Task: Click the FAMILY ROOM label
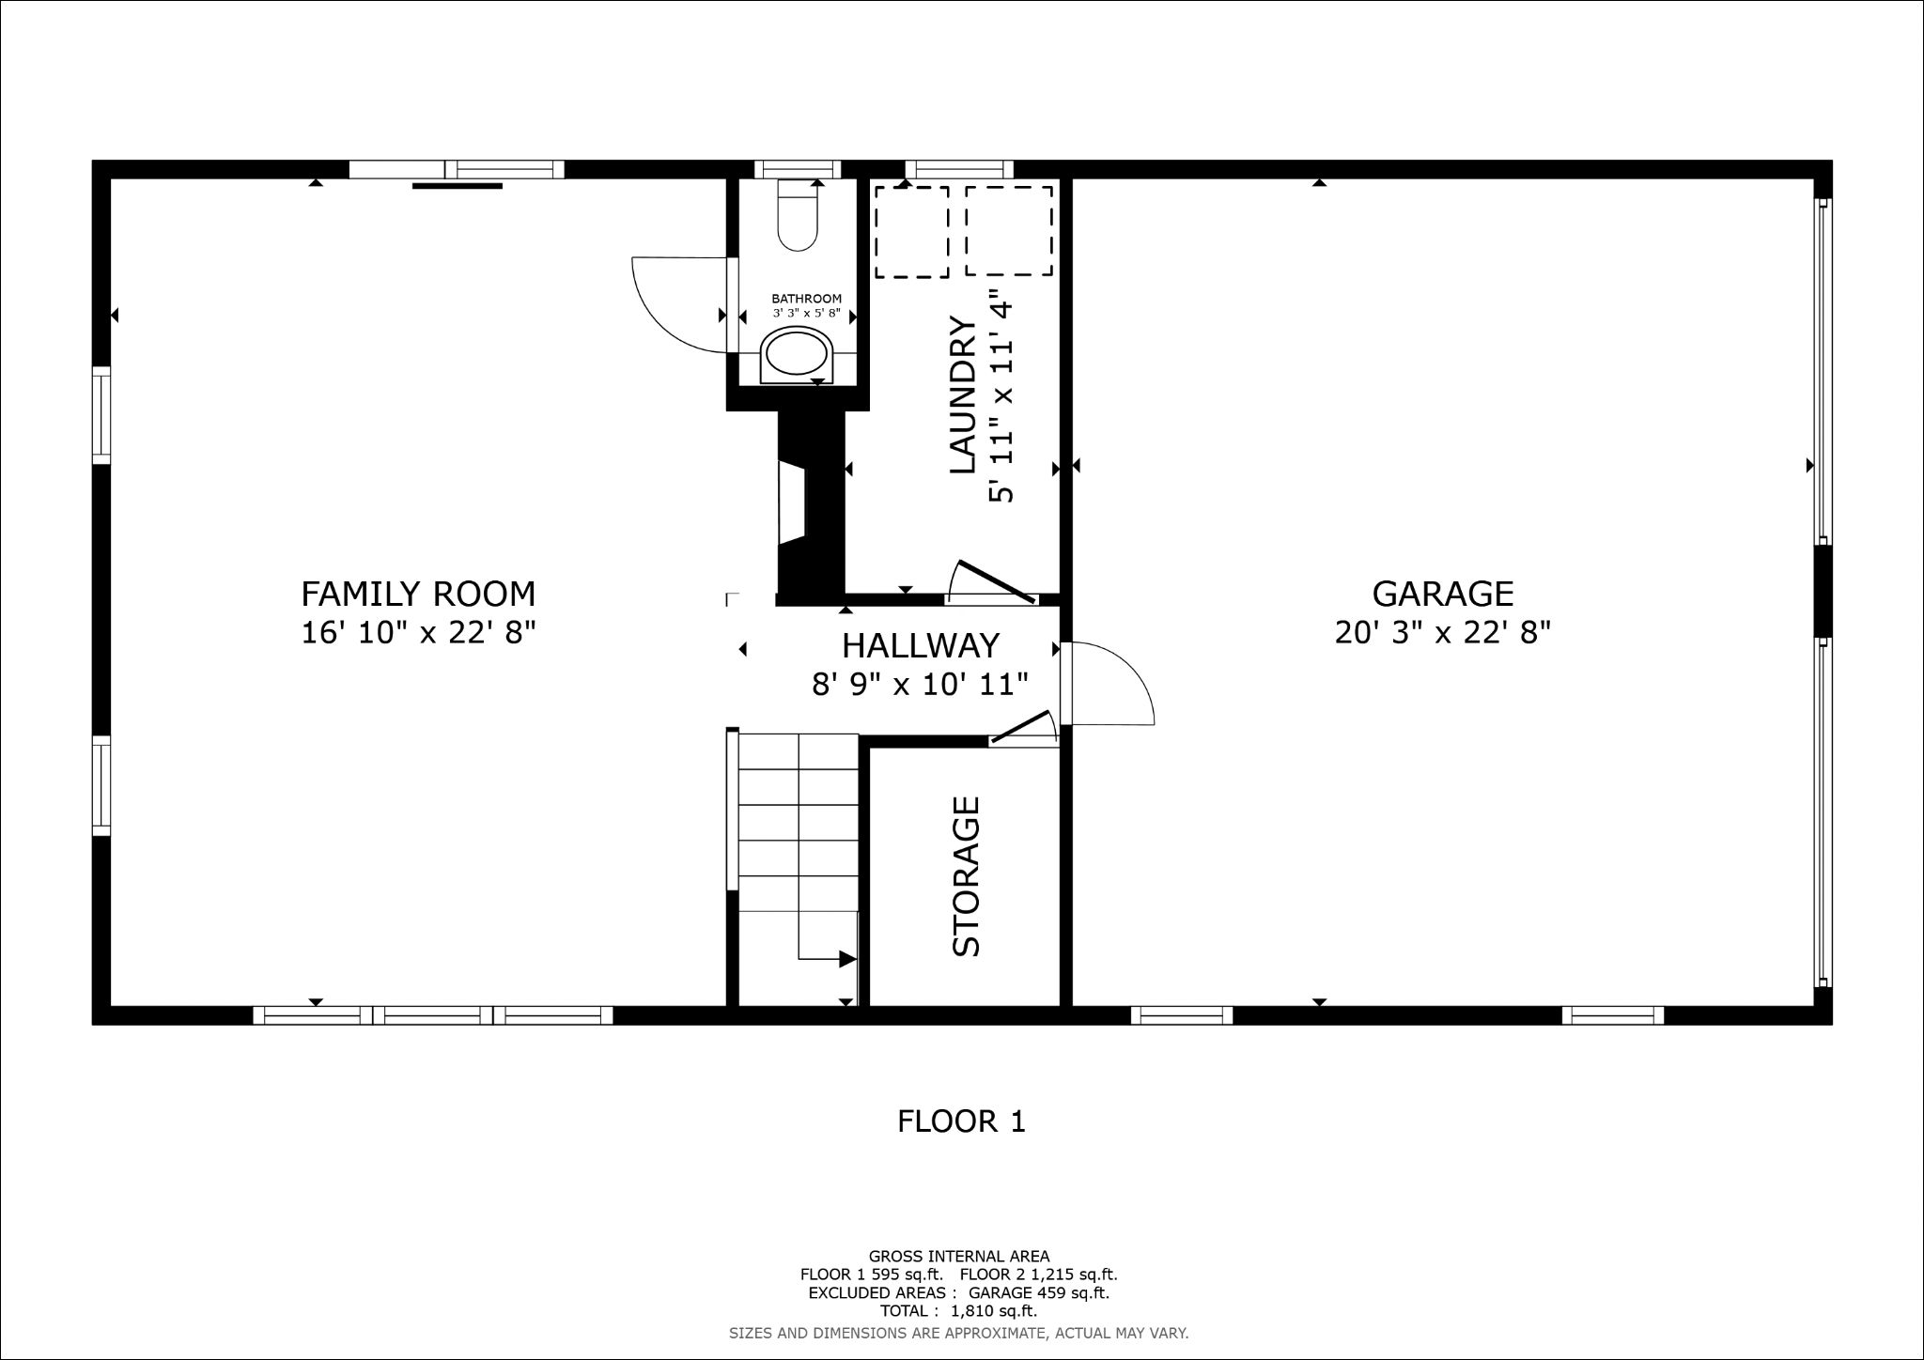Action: click(x=418, y=594)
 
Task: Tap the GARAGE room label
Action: click(x=1443, y=594)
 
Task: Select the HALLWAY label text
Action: click(x=921, y=645)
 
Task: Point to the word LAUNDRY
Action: click(x=964, y=394)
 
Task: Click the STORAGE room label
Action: click(x=966, y=876)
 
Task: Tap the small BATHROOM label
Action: click(x=807, y=299)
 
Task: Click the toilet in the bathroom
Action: click(x=798, y=215)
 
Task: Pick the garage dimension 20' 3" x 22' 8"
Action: click(x=1443, y=632)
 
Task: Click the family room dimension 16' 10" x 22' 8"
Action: click(x=418, y=632)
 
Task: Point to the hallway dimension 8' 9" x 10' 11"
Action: click(x=921, y=684)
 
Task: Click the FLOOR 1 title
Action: click(x=961, y=1120)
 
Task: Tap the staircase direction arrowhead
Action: click(x=847, y=959)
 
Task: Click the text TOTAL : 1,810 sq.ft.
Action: click(x=958, y=1310)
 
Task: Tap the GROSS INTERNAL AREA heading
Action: click(x=959, y=1256)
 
